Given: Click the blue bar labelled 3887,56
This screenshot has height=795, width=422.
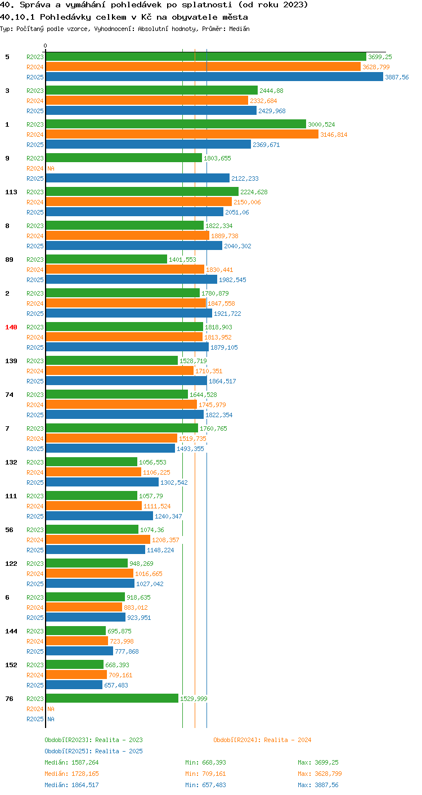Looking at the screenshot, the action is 214,77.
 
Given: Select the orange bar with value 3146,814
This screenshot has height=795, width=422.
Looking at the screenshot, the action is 182,134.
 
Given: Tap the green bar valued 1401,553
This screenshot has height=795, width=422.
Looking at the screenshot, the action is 106,259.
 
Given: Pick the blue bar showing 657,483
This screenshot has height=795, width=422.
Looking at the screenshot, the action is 74,685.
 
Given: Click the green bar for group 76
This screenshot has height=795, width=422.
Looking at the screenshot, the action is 112,698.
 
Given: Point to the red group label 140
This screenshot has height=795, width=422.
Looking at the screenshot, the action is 11,327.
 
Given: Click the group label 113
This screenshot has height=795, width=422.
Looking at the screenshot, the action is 11,191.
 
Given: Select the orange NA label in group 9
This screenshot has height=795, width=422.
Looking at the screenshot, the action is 51,168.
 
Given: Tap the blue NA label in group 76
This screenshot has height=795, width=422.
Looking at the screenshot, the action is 51,718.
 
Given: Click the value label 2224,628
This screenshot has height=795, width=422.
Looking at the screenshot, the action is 254,191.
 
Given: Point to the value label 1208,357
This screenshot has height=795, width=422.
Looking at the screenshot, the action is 165,539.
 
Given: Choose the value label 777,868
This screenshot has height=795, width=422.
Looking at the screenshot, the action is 127,651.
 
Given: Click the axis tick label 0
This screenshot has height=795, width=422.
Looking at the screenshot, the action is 46,46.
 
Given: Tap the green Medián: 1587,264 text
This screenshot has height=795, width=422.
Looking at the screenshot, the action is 71,762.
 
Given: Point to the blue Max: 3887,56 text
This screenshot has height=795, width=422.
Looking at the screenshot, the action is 318,785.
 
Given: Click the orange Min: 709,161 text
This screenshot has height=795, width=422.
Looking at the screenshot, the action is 205,774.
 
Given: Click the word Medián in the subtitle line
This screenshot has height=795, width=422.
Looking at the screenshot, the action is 239,29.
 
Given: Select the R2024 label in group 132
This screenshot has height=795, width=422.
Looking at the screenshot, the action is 35,472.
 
